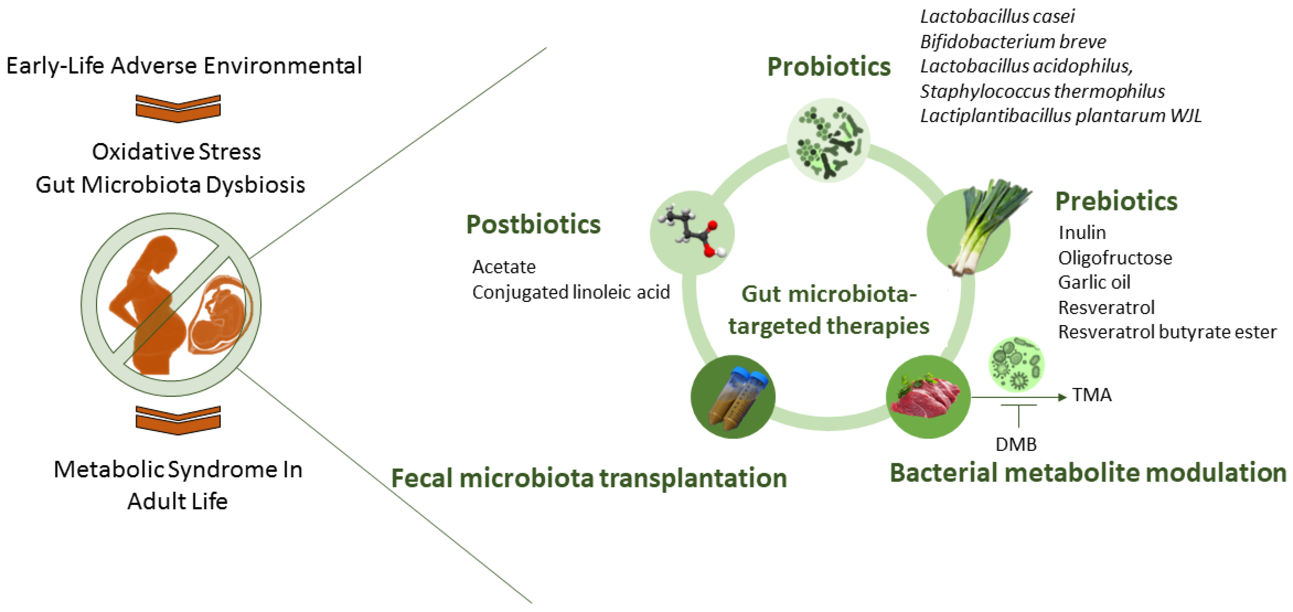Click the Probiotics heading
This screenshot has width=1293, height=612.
tap(829, 67)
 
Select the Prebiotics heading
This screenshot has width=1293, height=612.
tap(1116, 201)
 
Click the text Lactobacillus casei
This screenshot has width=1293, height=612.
tap(997, 17)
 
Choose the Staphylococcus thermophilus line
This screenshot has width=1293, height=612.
tap(1042, 91)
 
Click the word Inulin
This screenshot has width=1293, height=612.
tap(1082, 233)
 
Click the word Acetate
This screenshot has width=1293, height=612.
tap(503, 266)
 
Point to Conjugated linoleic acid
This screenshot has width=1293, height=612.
tap(571, 292)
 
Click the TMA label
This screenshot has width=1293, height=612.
tap(1092, 395)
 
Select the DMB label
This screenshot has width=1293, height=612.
tap(1016, 444)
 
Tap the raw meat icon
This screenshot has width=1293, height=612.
tap(927, 397)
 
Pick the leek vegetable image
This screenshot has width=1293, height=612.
tap(979, 226)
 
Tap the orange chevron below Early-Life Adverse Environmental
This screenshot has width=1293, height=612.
tap(178, 108)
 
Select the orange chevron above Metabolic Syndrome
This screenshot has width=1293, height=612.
tap(178, 420)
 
